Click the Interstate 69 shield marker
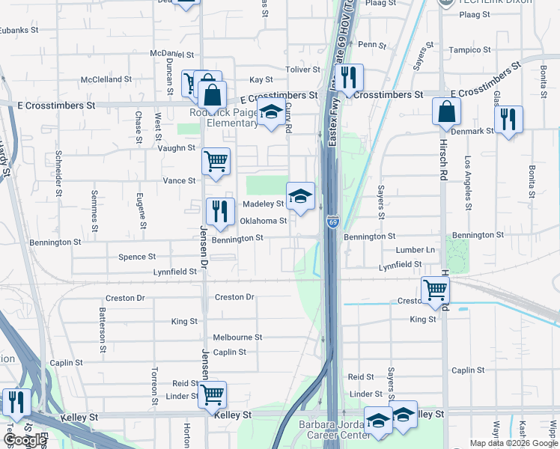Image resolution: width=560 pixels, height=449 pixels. (x=332, y=222)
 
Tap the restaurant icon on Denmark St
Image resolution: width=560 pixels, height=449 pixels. (x=508, y=119)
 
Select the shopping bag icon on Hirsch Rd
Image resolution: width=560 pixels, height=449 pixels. (x=446, y=112)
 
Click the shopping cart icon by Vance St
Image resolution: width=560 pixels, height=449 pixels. (x=216, y=161)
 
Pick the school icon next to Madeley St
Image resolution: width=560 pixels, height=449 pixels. (x=300, y=197)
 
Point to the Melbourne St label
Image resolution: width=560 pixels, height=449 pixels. (x=237, y=337)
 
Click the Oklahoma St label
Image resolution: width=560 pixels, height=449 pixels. (x=263, y=221)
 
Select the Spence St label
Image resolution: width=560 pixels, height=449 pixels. (x=137, y=257)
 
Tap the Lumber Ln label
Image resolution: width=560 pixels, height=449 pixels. (x=416, y=250)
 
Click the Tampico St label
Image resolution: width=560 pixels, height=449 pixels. (x=470, y=50)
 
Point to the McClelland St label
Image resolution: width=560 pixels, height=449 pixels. (x=106, y=79)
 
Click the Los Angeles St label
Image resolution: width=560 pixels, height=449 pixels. (x=468, y=183)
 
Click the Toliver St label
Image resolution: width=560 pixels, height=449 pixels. (x=302, y=70)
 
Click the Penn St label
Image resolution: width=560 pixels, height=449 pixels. (x=372, y=45)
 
